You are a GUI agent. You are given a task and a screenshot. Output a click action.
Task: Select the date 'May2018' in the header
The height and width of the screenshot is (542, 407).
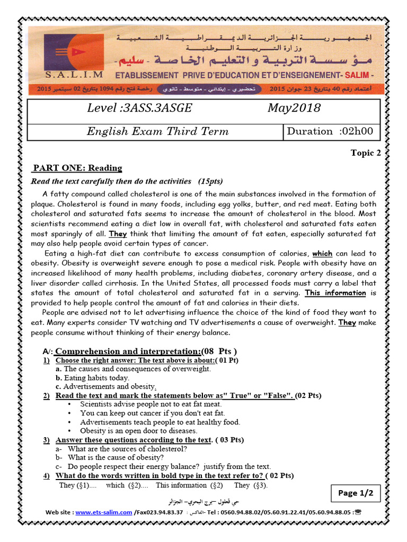294,109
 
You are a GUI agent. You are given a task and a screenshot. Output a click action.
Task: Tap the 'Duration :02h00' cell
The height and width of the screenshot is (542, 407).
330,132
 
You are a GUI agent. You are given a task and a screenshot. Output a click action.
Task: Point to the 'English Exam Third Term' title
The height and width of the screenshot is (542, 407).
157,132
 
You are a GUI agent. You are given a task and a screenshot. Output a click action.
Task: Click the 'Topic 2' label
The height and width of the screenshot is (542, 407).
366,153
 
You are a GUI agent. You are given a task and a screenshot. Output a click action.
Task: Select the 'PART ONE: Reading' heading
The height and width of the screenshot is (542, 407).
77,168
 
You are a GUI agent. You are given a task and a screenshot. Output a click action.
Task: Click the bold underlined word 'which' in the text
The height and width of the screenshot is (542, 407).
322,254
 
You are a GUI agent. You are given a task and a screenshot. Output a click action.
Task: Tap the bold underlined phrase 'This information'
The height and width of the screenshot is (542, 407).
335,293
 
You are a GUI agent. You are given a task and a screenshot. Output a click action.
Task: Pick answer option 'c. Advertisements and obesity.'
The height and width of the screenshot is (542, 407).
106,386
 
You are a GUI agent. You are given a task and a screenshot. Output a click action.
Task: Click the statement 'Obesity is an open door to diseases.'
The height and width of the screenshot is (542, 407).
138,431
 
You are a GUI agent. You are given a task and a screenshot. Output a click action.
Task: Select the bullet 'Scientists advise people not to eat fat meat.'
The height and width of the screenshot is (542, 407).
151,404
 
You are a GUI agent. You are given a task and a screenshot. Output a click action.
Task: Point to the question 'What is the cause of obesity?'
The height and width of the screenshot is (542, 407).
116,457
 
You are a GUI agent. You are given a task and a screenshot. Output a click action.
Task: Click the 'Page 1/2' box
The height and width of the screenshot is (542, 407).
356,493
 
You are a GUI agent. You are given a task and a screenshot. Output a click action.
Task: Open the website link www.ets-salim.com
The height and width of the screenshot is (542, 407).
103,512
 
